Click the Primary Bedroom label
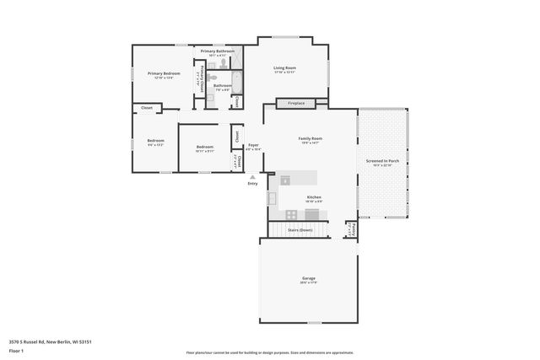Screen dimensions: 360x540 [165, 74]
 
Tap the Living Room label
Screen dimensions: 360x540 [284, 68]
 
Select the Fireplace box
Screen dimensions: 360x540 [296, 103]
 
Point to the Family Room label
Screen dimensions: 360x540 [310, 139]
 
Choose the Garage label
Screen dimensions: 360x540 [309, 279]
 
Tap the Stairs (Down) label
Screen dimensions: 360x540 [300, 229]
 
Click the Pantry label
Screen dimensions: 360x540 [353, 228]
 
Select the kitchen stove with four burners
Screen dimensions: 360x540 [291, 214]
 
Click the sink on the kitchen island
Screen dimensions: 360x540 [285, 179]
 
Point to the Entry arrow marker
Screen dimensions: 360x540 [252, 177]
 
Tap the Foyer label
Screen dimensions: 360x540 [253, 146]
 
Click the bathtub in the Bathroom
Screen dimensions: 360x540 [237, 83]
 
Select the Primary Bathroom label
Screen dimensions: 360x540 [217, 51]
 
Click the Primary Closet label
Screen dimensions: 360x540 [201, 83]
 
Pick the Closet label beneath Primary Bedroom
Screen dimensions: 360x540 [147, 108]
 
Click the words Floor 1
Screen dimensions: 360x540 [17, 350]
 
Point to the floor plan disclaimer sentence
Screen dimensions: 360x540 [270, 352]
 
